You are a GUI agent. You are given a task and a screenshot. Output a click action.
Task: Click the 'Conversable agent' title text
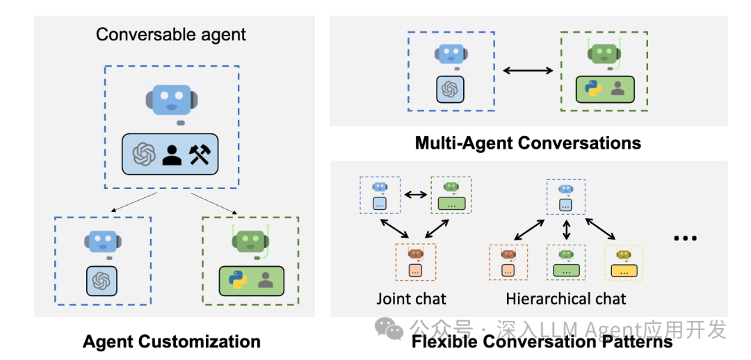[171, 34]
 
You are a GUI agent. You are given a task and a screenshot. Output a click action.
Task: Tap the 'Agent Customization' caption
[171, 341]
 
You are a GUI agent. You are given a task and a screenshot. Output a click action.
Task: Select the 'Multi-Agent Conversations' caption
[528, 143]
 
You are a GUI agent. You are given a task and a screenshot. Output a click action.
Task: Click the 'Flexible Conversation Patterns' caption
[542, 341]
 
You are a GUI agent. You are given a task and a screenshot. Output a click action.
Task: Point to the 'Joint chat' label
[411, 299]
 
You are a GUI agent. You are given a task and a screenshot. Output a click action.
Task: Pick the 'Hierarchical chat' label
[565, 299]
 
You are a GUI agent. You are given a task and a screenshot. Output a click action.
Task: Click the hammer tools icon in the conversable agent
[204, 154]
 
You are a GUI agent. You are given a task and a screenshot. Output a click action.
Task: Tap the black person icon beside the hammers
[171, 154]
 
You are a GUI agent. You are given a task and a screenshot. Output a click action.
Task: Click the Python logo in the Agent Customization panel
[239, 280]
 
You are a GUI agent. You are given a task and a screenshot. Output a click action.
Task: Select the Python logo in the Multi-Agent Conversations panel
[592, 89]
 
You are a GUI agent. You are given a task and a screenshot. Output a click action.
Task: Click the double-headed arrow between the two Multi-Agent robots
[528, 70]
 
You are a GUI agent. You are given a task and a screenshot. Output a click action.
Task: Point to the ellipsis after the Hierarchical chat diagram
[685, 238]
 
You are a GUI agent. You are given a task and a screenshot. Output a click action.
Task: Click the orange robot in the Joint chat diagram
[416, 254]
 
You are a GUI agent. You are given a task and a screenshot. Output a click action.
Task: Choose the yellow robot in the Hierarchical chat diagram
[624, 254]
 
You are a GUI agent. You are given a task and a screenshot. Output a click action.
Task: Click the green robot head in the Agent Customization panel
[250, 240]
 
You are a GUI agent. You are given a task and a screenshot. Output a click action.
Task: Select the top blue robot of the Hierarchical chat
[566, 188]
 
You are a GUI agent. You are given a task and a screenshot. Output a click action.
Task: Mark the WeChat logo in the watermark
[389, 327]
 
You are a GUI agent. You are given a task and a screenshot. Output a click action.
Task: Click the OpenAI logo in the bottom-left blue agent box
[102, 280]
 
